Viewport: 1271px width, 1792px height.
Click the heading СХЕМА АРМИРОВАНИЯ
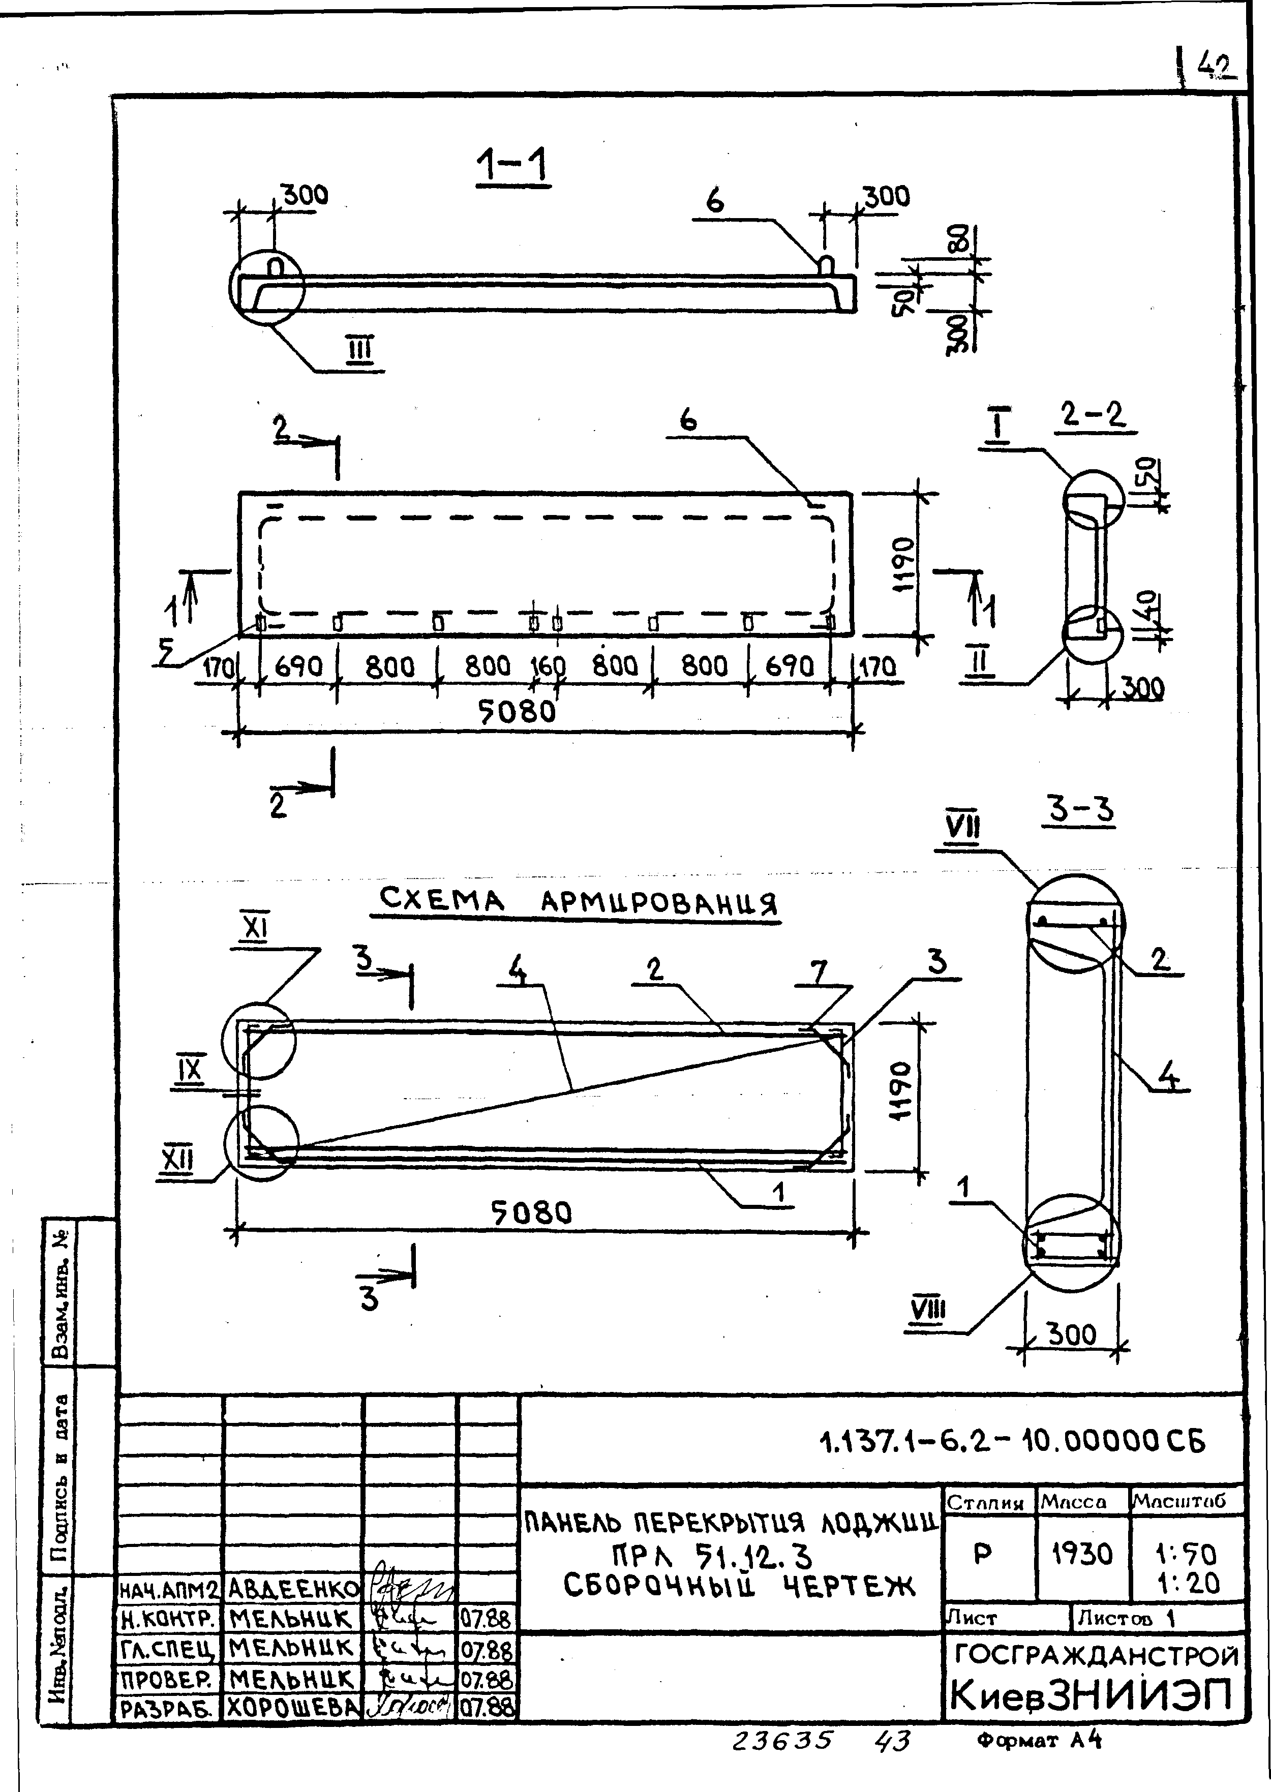click(579, 902)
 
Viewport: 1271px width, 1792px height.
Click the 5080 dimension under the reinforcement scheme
click(531, 1213)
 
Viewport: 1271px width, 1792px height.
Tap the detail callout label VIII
click(929, 1309)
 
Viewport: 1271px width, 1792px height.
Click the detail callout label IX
click(189, 1071)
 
